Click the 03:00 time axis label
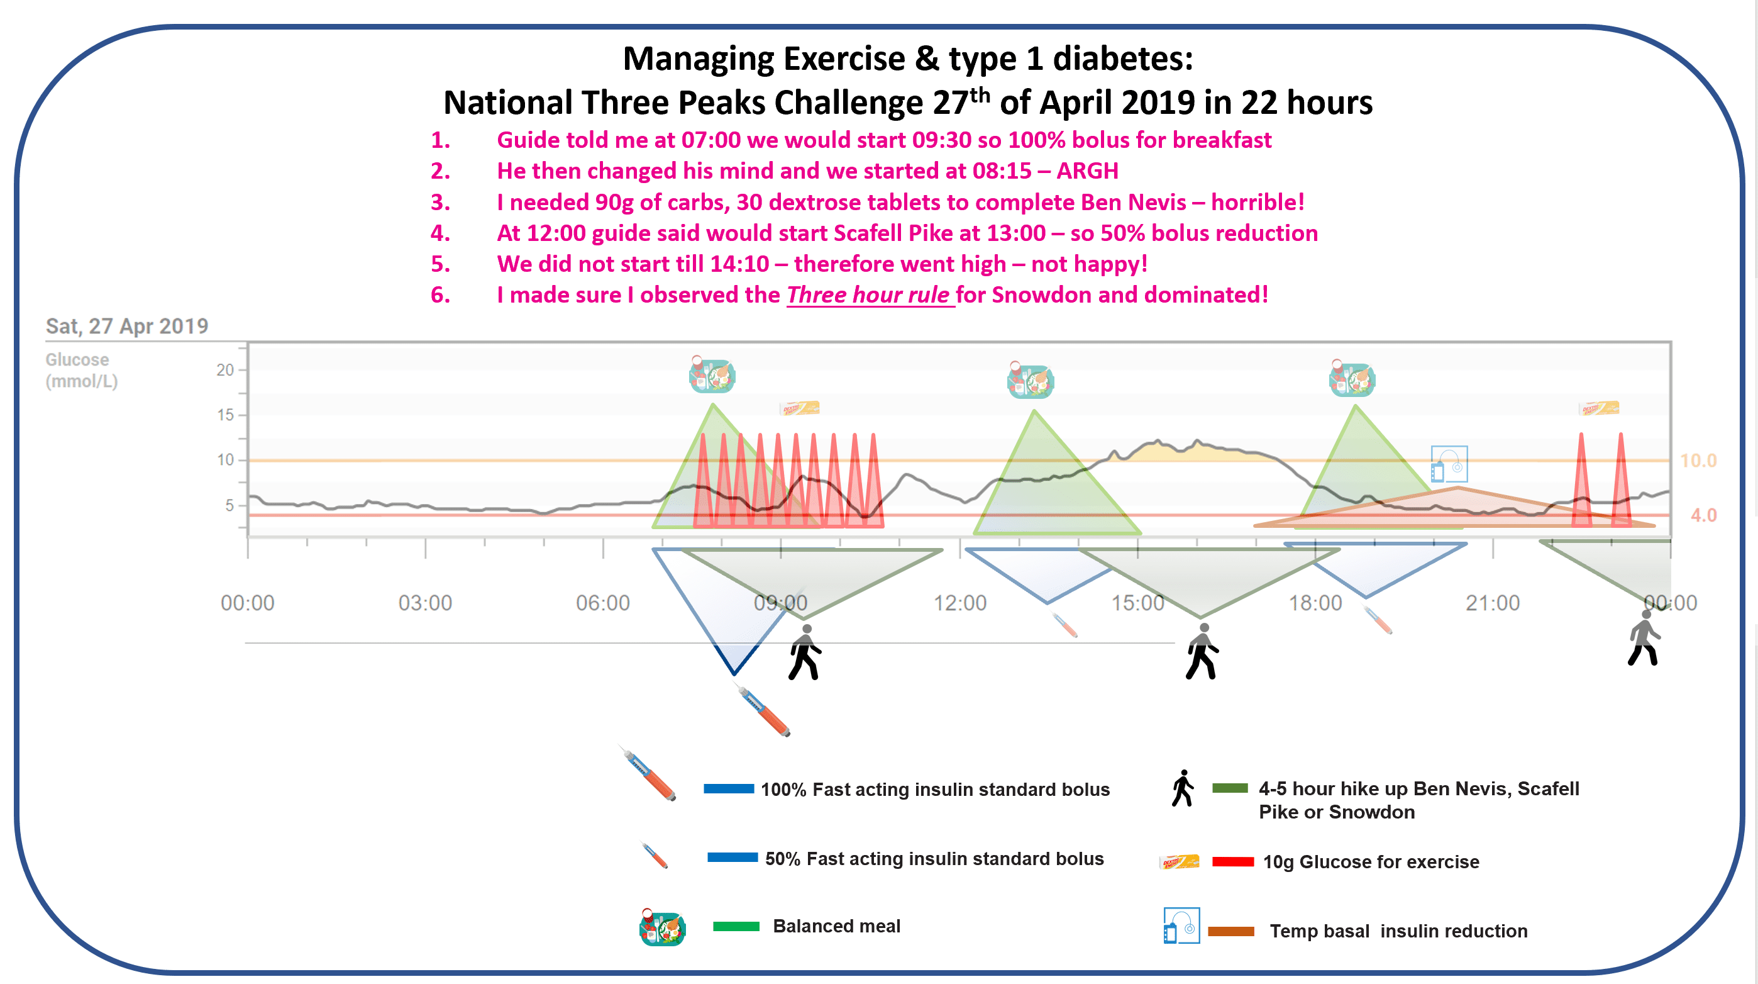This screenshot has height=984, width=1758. click(424, 603)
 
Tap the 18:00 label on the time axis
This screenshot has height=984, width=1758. click(1315, 603)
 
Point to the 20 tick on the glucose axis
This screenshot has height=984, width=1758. click(224, 370)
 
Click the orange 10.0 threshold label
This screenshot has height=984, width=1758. click(1698, 461)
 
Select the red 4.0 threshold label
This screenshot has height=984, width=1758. click(1703, 515)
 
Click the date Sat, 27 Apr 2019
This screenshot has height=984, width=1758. click(127, 327)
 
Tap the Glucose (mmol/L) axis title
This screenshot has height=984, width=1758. click(81, 370)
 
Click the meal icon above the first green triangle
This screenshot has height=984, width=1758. click(712, 375)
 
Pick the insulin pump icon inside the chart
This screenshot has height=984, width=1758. click(1448, 465)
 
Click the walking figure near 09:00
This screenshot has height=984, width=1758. click(805, 653)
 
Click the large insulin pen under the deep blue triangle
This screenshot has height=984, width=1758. click(765, 712)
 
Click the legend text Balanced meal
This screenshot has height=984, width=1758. click(836, 926)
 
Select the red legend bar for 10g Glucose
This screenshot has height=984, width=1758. click(1232, 862)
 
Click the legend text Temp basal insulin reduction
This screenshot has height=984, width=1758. click(1398, 931)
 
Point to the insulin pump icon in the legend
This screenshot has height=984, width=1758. click(1181, 926)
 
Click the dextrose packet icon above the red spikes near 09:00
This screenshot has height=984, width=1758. click(799, 408)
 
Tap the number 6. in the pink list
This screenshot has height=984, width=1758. click(440, 295)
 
